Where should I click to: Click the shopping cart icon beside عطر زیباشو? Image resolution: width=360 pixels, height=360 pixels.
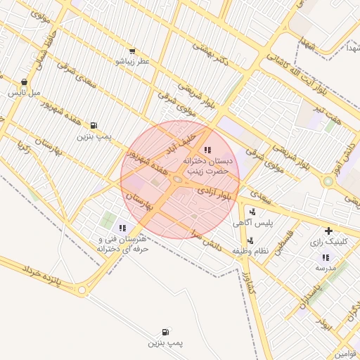point(131,51)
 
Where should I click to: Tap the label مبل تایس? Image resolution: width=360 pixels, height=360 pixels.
point(25,93)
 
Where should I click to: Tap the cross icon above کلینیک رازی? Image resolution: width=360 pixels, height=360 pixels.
point(328,231)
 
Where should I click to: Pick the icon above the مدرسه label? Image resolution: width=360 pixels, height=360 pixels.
point(326,257)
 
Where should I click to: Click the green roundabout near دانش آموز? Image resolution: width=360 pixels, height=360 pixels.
point(328,181)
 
